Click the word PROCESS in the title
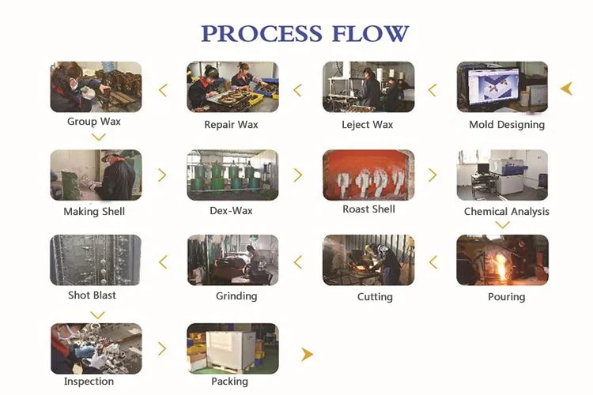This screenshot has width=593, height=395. [x=262, y=33]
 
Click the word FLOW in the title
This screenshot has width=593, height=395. [x=370, y=33]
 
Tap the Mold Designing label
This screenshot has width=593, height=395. [x=507, y=125]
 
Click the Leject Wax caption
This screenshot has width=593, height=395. [x=367, y=125]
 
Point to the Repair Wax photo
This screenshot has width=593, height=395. [x=232, y=87]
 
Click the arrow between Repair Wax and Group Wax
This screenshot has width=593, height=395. [x=163, y=90]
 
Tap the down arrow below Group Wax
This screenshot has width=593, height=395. [x=99, y=137]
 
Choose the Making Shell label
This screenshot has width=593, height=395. [x=94, y=211]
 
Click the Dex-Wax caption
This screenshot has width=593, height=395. [x=231, y=211]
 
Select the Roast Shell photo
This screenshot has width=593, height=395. [x=368, y=175]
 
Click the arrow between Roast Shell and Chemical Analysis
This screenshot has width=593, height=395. [x=432, y=175]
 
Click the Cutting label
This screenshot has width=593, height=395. [x=375, y=297]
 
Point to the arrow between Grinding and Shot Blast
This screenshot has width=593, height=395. [x=163, y=262]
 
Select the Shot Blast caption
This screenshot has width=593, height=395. [x=92, y=295]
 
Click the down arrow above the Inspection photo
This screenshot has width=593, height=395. [x=98, y=315]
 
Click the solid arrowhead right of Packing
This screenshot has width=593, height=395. [x=307, y=354]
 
